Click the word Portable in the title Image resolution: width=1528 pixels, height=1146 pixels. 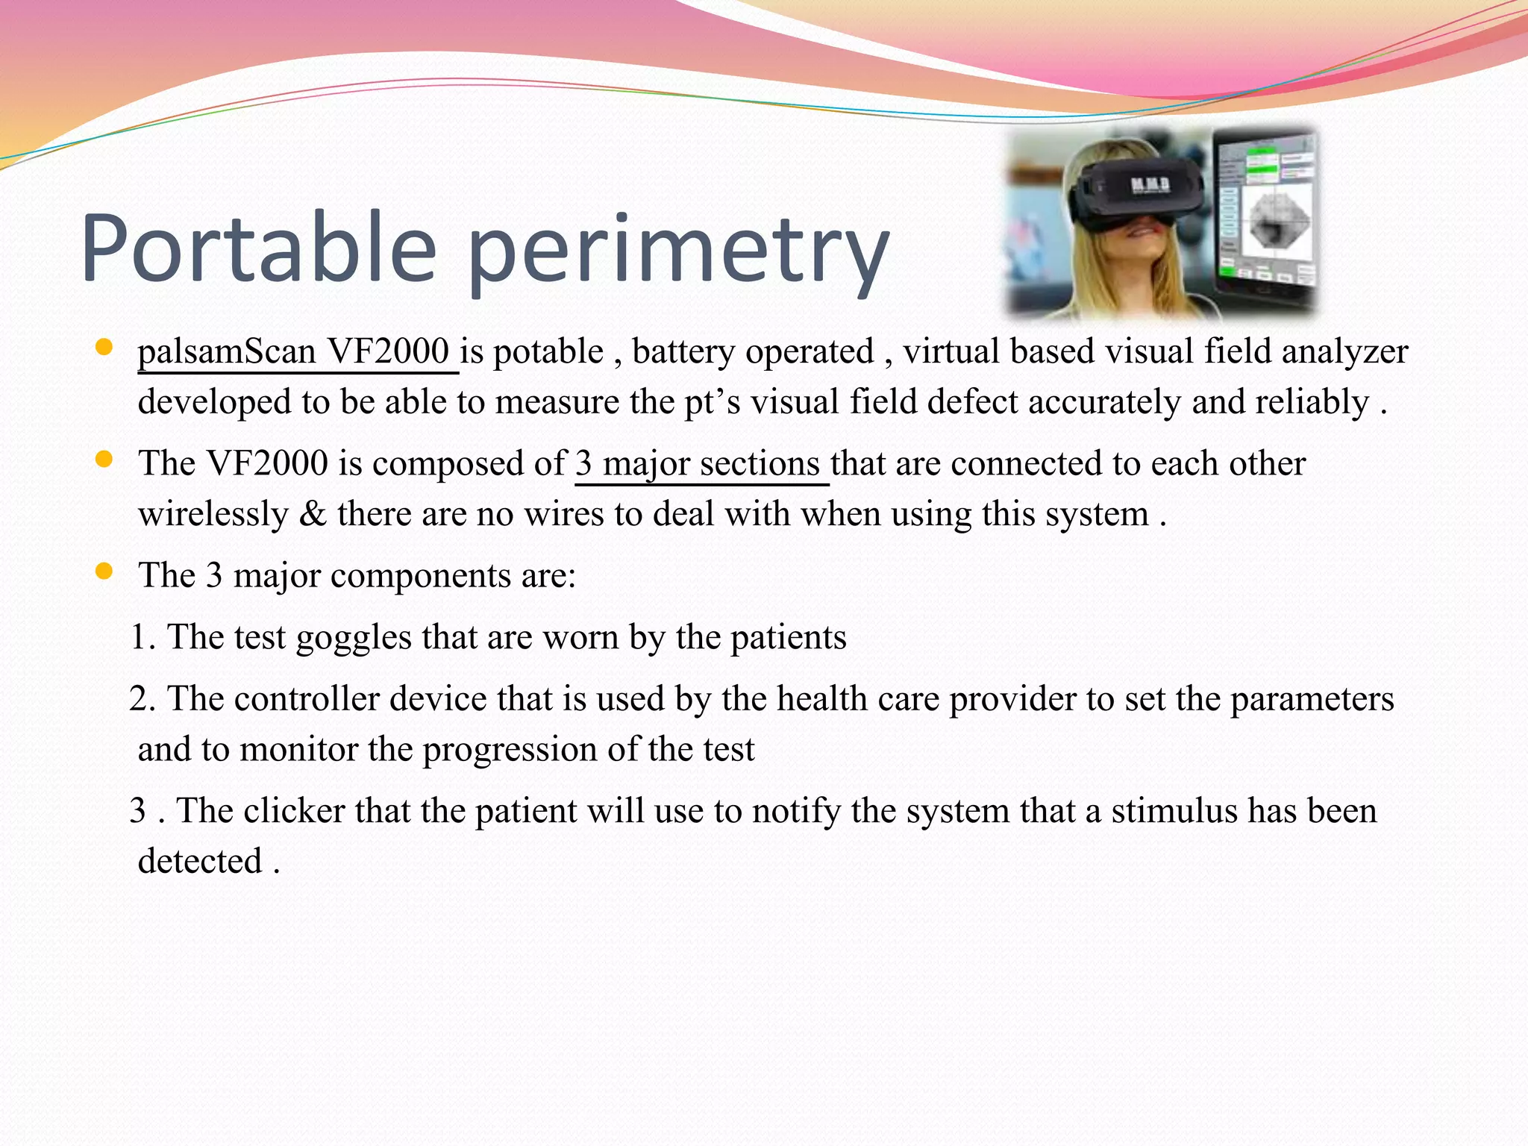pyautogui.click(x=257, y=248)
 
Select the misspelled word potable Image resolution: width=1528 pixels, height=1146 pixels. pyautogui.click(x=548, y=352)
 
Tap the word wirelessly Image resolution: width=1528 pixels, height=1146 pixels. pyautogui.click(x=213, y=515)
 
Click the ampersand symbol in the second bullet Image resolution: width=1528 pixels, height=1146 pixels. pyautogui.click(x=313, y=515)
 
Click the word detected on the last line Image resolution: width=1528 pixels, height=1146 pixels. pyautogui.click(x=200, y=862)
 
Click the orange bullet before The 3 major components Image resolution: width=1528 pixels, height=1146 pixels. pyautogui.click(x=104, y=572)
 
